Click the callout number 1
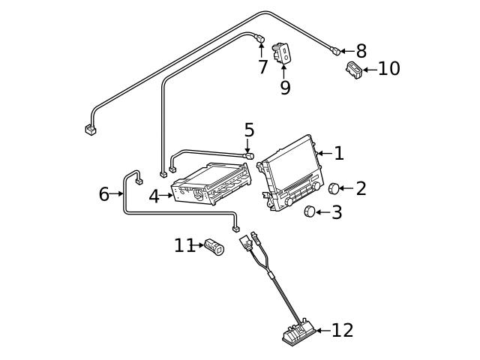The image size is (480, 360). pyautogui.click(x=339, y=154)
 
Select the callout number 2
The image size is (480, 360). pyautogui.click(x=361, y=188)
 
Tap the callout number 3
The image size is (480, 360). pyautogui.click(x=336, y=212)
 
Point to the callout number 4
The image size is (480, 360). pyautogui.click(x=154, y=196)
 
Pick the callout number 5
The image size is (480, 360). pyautogui.click(x=249, y=130)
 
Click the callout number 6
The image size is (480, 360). pyautogui.click(x=104, y=194)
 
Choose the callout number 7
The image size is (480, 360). pyautogui.click(x=262, y=67)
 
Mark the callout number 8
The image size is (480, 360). pyautogui.click(x=361, y=51)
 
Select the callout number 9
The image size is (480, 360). pyautogui.click(x=285, y=87)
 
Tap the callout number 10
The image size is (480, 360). pyautogui.click(x=388, y=69)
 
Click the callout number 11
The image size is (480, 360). pyautogui.click(x=184, y=245)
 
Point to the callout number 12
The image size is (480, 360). pyautogui.click(x=342, y=330)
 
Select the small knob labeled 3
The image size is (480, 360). pyautogui.click(x=309, y=212)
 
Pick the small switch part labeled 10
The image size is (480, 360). pyautogui.click(x=353, y=70)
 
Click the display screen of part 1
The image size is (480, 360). pyautogui.click(x=292, y=169)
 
